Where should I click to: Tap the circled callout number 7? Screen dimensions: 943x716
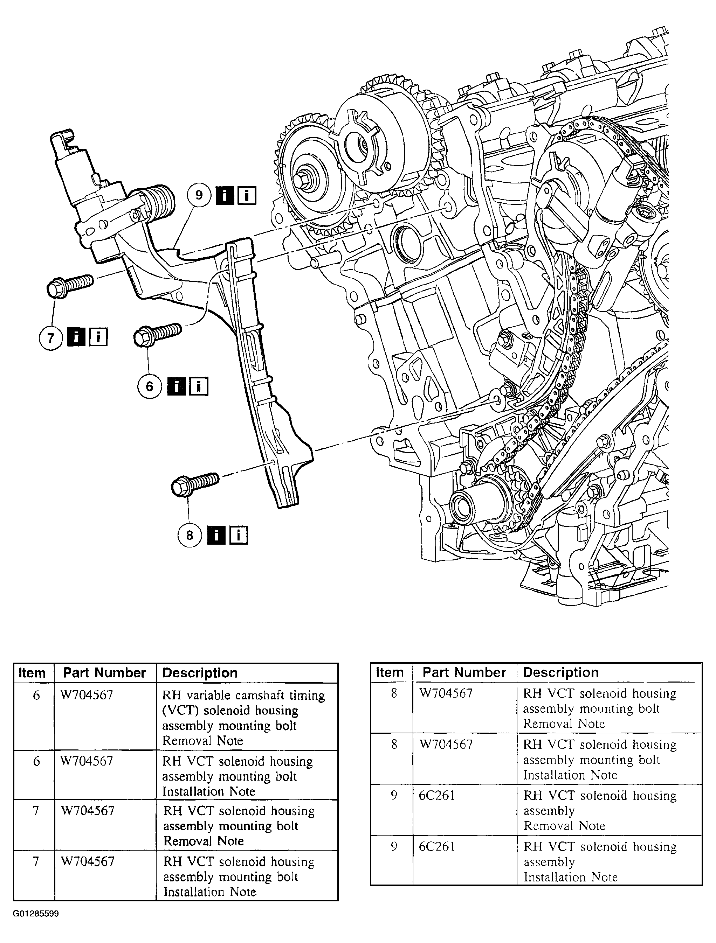[x=51, y=338]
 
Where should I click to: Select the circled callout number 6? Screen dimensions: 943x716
[x=149, y=386]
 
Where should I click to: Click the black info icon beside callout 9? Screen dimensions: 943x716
[x=225, y=196]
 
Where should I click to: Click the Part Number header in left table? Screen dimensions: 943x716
[x=104, y=673]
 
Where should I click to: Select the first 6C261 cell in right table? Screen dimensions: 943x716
[x=436, y=796]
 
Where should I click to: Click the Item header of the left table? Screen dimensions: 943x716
[x=32, y=673]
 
